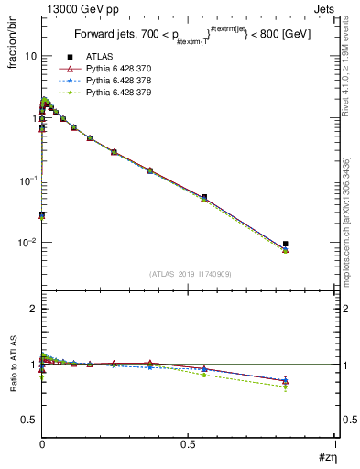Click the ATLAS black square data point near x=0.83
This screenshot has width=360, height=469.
(x=286, y=244)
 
